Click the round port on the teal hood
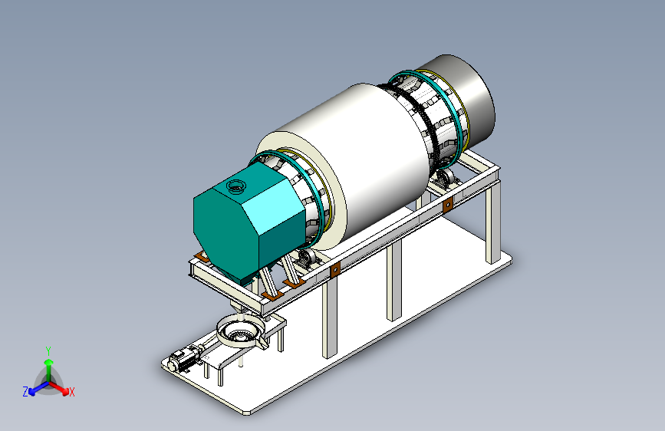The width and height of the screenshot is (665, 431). click(235, 186)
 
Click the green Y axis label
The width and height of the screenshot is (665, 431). click(48, 351)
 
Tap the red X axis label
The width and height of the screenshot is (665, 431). click(71, 392)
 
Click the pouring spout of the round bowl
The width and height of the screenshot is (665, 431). click(262, 342)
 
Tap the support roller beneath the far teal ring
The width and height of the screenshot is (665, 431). click(446, 176)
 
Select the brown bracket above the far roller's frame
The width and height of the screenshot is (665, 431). click(447, 206)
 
